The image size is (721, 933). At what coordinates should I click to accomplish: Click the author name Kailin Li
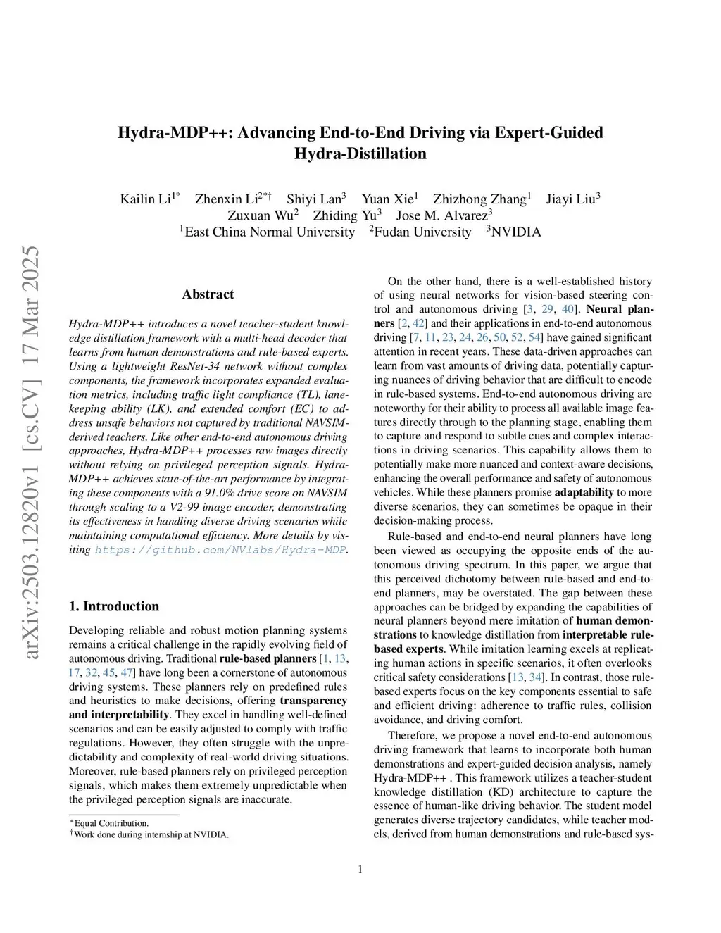coord(146,199)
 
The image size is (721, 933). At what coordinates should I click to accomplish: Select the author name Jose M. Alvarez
coord(441,215)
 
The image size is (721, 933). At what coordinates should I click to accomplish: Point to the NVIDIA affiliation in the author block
coord(516,232)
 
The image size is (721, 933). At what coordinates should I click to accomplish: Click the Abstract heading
coord(208,294)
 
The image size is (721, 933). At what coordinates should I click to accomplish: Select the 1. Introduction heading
coord(114,606)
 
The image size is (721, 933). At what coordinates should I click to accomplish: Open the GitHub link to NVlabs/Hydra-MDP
coord(220,550)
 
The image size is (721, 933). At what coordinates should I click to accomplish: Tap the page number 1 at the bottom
coord(360,870)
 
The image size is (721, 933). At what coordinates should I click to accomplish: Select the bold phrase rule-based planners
coord(268,659)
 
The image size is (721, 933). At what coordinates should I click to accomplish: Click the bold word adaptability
coord(584,492)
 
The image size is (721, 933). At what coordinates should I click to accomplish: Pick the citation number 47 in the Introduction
coord(127,672)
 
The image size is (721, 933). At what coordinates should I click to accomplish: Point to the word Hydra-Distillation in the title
coord(360,154)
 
